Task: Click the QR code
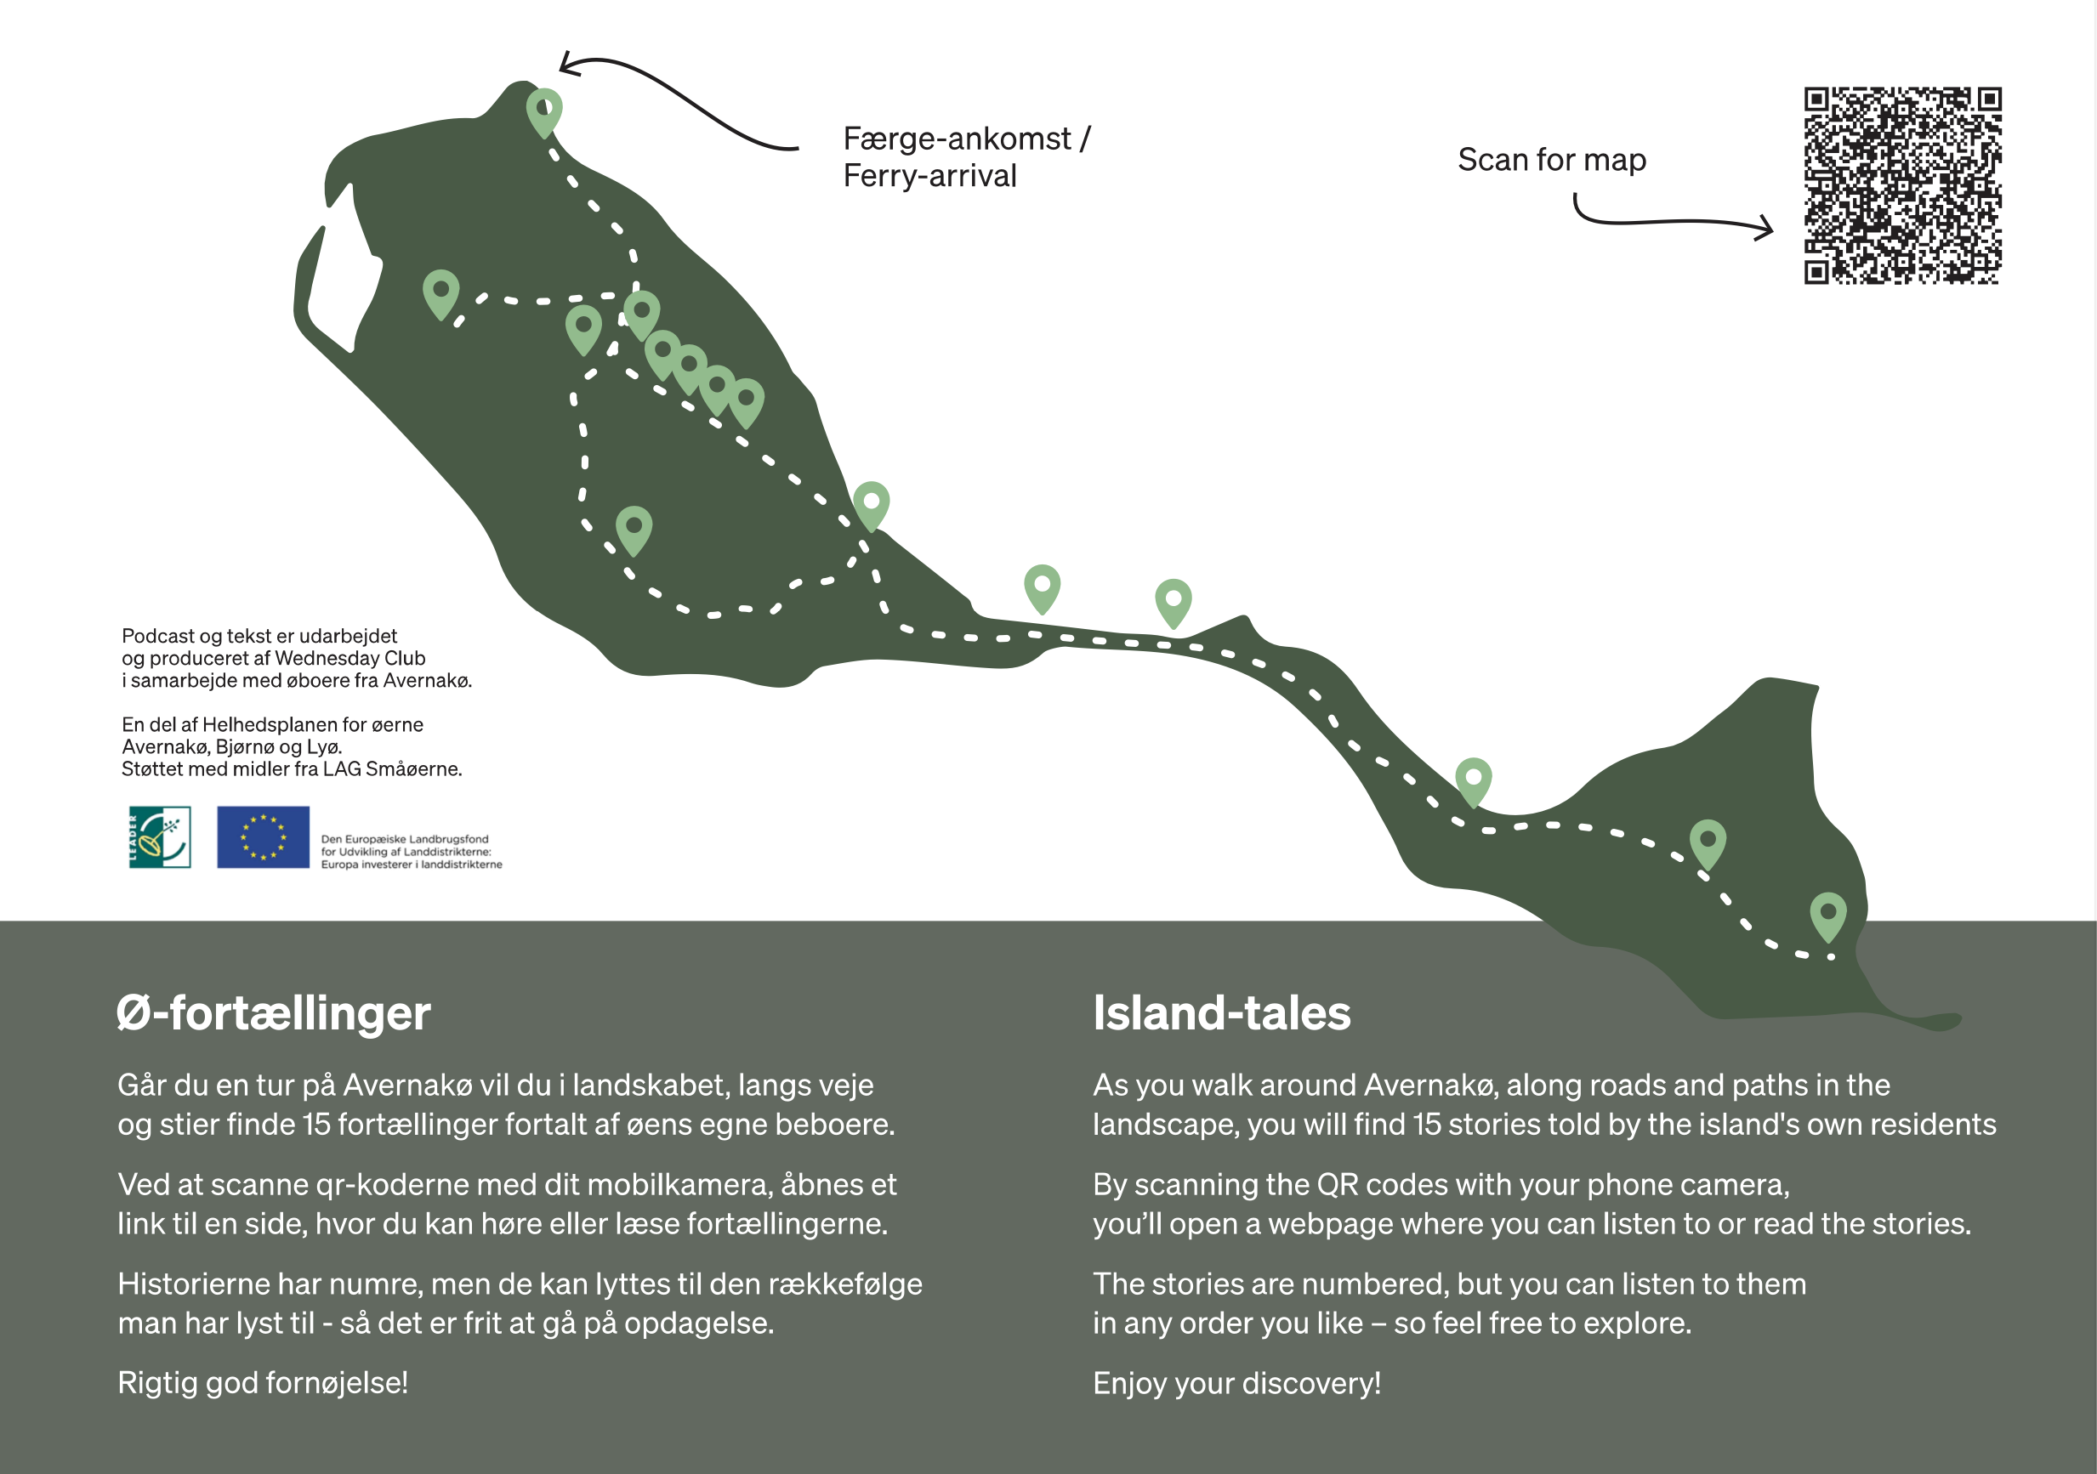1902,185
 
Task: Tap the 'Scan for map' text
1552,160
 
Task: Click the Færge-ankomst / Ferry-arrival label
965,157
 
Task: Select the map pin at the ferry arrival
544,111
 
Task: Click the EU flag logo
263,836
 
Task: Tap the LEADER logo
160,836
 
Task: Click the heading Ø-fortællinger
273,1012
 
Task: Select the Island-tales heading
1221,1012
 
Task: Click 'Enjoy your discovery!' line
1236,1383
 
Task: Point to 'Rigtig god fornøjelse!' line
263,1383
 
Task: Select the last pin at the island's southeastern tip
1828,915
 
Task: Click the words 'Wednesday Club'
349,659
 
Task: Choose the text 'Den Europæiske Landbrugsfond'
405,839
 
